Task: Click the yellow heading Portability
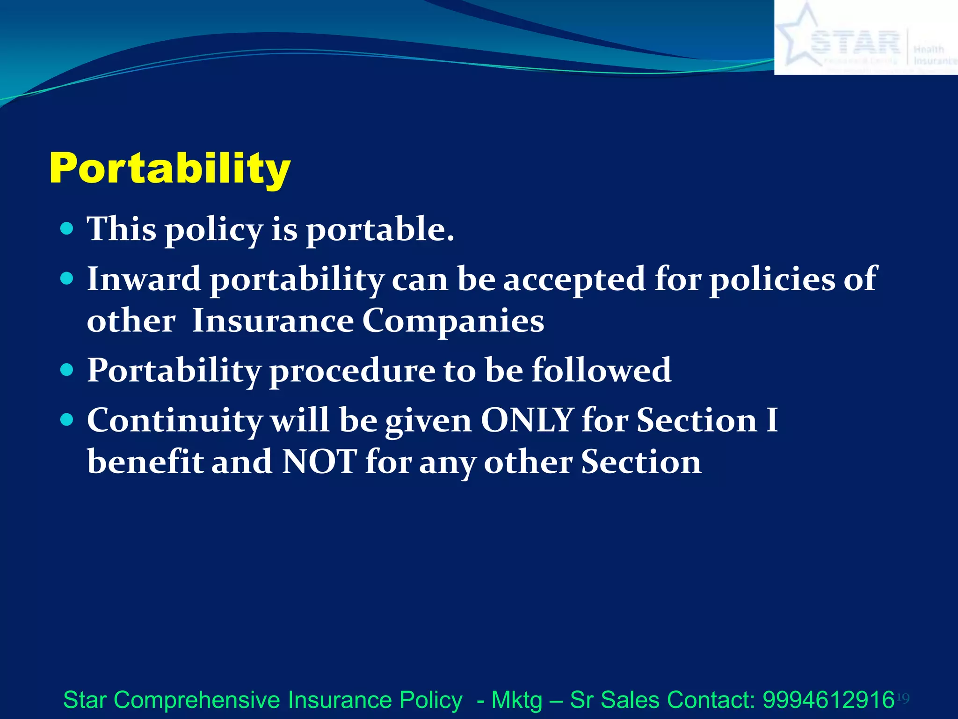pos(170,169)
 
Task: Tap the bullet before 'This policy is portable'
pos(67,229)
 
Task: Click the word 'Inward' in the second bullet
pos(144,279)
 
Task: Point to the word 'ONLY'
pos(527,420)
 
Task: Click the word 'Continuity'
pos(174,420)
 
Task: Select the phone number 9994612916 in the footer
pos(828,700)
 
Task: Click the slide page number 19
pos(903,699)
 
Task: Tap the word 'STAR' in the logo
pos(855,43)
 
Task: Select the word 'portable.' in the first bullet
pos(380,230)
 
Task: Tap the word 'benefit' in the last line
pos(145,462)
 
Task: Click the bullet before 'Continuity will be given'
pos(67,419)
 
